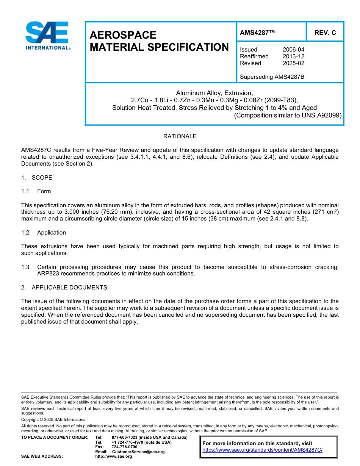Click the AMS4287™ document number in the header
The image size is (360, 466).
pos(257,33)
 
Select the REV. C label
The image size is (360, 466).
pos(325,33)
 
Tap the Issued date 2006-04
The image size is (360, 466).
pos(293,50)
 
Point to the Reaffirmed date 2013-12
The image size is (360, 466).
pos(293,56)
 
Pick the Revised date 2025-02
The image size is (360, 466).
pos(293,63)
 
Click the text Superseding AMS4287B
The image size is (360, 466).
pos(272,77)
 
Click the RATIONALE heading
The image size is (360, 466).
pos(180,136)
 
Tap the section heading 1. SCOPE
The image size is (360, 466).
pos(37,178)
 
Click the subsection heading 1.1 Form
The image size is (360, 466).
pos(36,191)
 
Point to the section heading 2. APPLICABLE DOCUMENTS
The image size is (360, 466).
pos(64,288)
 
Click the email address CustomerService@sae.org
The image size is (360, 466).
pos(138,452)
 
